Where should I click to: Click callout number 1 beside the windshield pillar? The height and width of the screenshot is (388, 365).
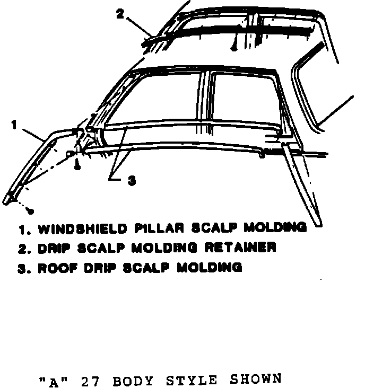click(x=14, y=125)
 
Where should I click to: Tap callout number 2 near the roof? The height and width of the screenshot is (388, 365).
click(x=120, y=14)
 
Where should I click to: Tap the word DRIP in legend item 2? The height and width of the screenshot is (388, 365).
click(x=55, y=248)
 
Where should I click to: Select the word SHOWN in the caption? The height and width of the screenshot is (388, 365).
click(x=257, y=379)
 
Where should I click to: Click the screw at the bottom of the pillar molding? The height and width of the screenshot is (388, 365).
click(x=30, y=211)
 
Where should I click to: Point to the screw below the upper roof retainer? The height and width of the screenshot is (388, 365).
click(x=233, y=48)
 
